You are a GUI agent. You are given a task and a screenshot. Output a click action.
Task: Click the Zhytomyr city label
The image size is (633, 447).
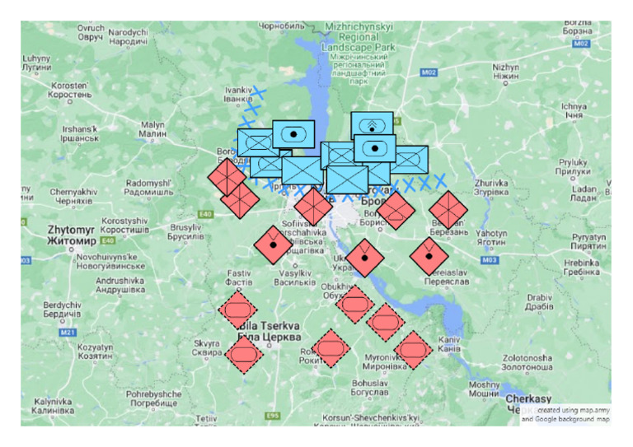coord(68,235)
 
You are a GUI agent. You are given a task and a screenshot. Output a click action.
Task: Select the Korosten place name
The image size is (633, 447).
coord(69,90)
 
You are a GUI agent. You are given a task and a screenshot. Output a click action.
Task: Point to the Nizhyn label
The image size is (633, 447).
coord(505,72)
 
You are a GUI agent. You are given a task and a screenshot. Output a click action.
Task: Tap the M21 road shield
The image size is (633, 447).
coord(68,333)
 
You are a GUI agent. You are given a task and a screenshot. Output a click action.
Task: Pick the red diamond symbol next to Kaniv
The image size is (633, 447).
coord(412,350)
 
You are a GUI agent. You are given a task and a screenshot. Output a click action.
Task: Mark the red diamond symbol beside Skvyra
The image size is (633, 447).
coord(243,356)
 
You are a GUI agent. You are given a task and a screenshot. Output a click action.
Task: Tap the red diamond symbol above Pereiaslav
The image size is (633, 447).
coord(429,257)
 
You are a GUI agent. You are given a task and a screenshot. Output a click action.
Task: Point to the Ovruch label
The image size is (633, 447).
coord(91,33)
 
